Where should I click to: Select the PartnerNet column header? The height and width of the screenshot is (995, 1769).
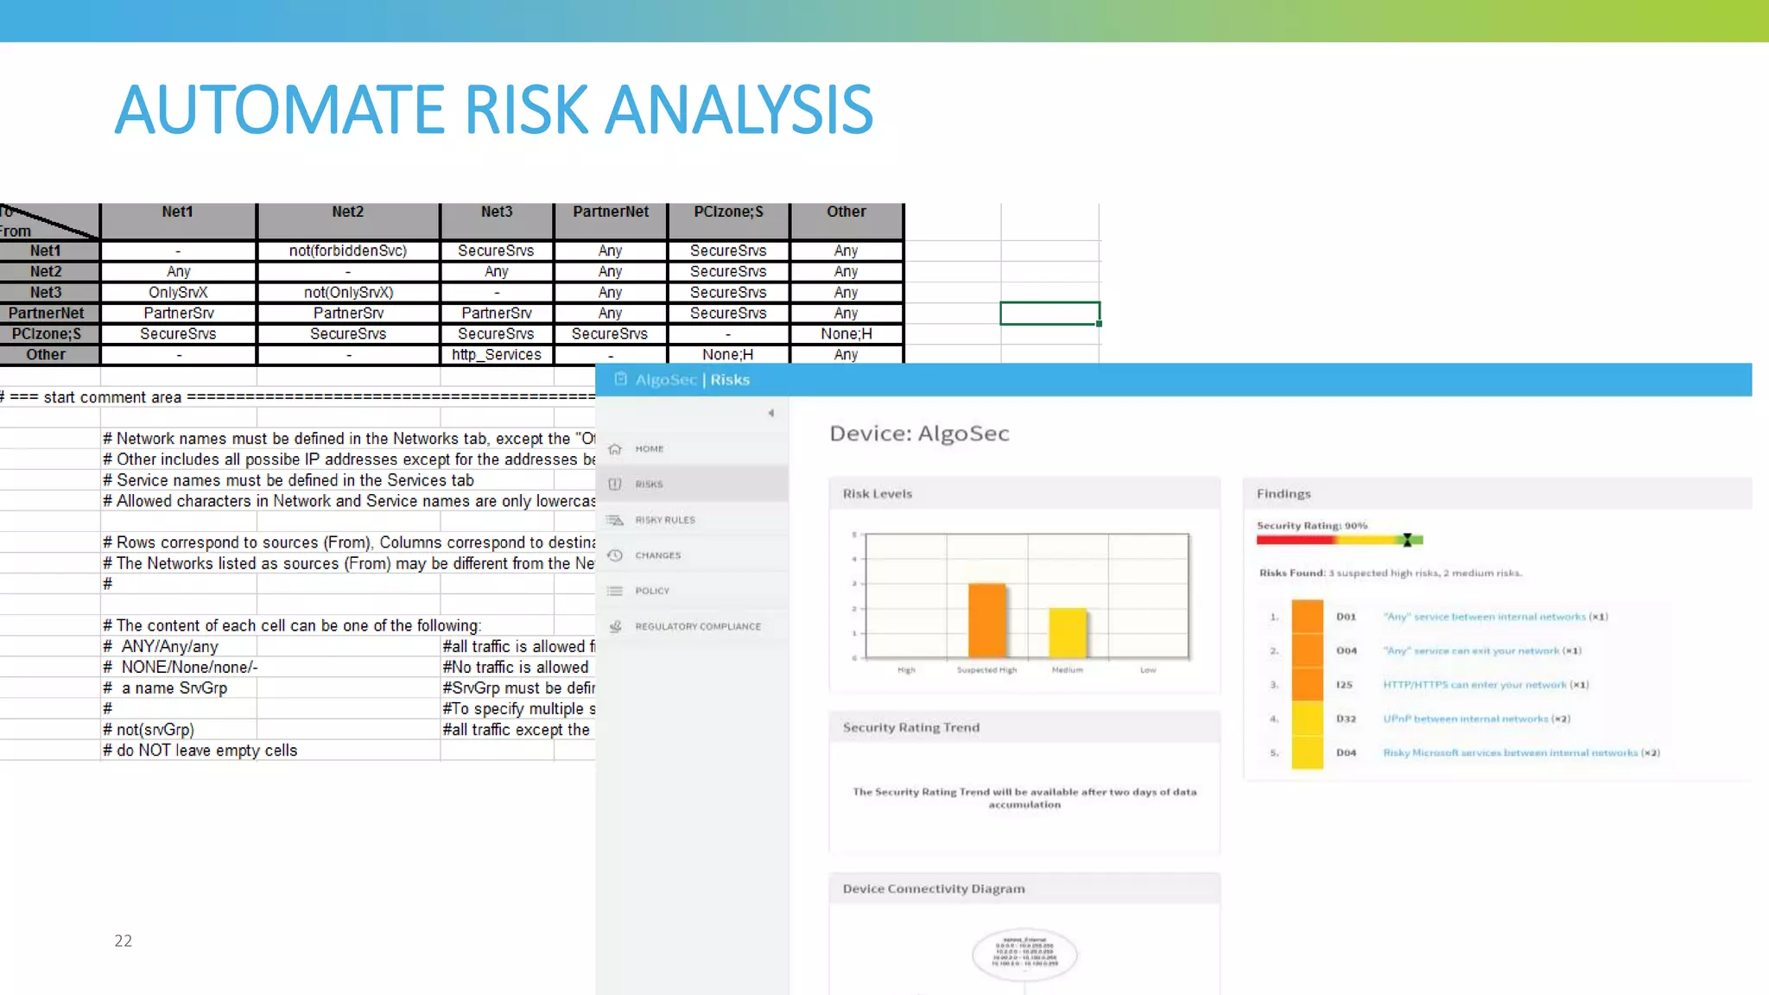click(x=611, y=212)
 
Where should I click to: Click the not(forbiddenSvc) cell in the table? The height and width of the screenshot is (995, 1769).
click(x=347, y=251)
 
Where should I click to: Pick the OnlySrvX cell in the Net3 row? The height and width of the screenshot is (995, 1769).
click(x=178, y=293)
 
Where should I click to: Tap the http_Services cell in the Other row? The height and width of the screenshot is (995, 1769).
click(x=497, y=355)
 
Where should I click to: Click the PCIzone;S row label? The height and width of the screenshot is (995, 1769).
click(x=47, y=334)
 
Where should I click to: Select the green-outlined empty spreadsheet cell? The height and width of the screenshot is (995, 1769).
click(x=1049, y=313)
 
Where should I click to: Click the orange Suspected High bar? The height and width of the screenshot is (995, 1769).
click(x=987, y=620)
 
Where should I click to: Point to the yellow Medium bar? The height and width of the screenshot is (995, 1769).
click(x=1068, y=632)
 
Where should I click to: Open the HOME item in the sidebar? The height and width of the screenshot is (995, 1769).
click(x=649, y=449)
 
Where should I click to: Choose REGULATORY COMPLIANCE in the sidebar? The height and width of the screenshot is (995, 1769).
click(x=698, y=627)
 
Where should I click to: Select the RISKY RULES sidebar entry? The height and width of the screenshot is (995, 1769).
click(x=664, y=520)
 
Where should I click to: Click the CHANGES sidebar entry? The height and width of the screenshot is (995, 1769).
click(x=657, y=555)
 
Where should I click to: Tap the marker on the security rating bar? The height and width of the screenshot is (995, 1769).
click(x=1407, y=541)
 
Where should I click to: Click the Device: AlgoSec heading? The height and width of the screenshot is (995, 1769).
click(x=919, y=434)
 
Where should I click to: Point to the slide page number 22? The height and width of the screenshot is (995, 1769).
click(x=124, y=941)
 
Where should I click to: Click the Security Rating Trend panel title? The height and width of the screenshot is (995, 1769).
click(x=911, y=728)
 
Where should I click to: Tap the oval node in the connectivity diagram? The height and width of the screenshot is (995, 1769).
click(x=1024, y=954)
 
